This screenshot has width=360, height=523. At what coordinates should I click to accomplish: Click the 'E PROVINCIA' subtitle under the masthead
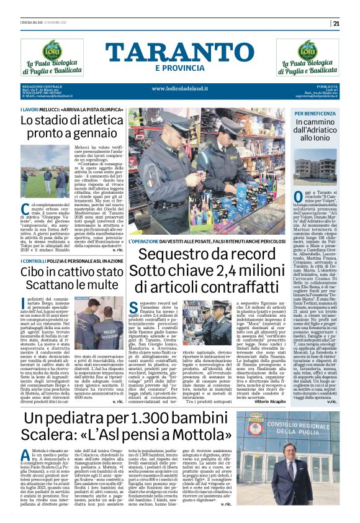179,68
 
